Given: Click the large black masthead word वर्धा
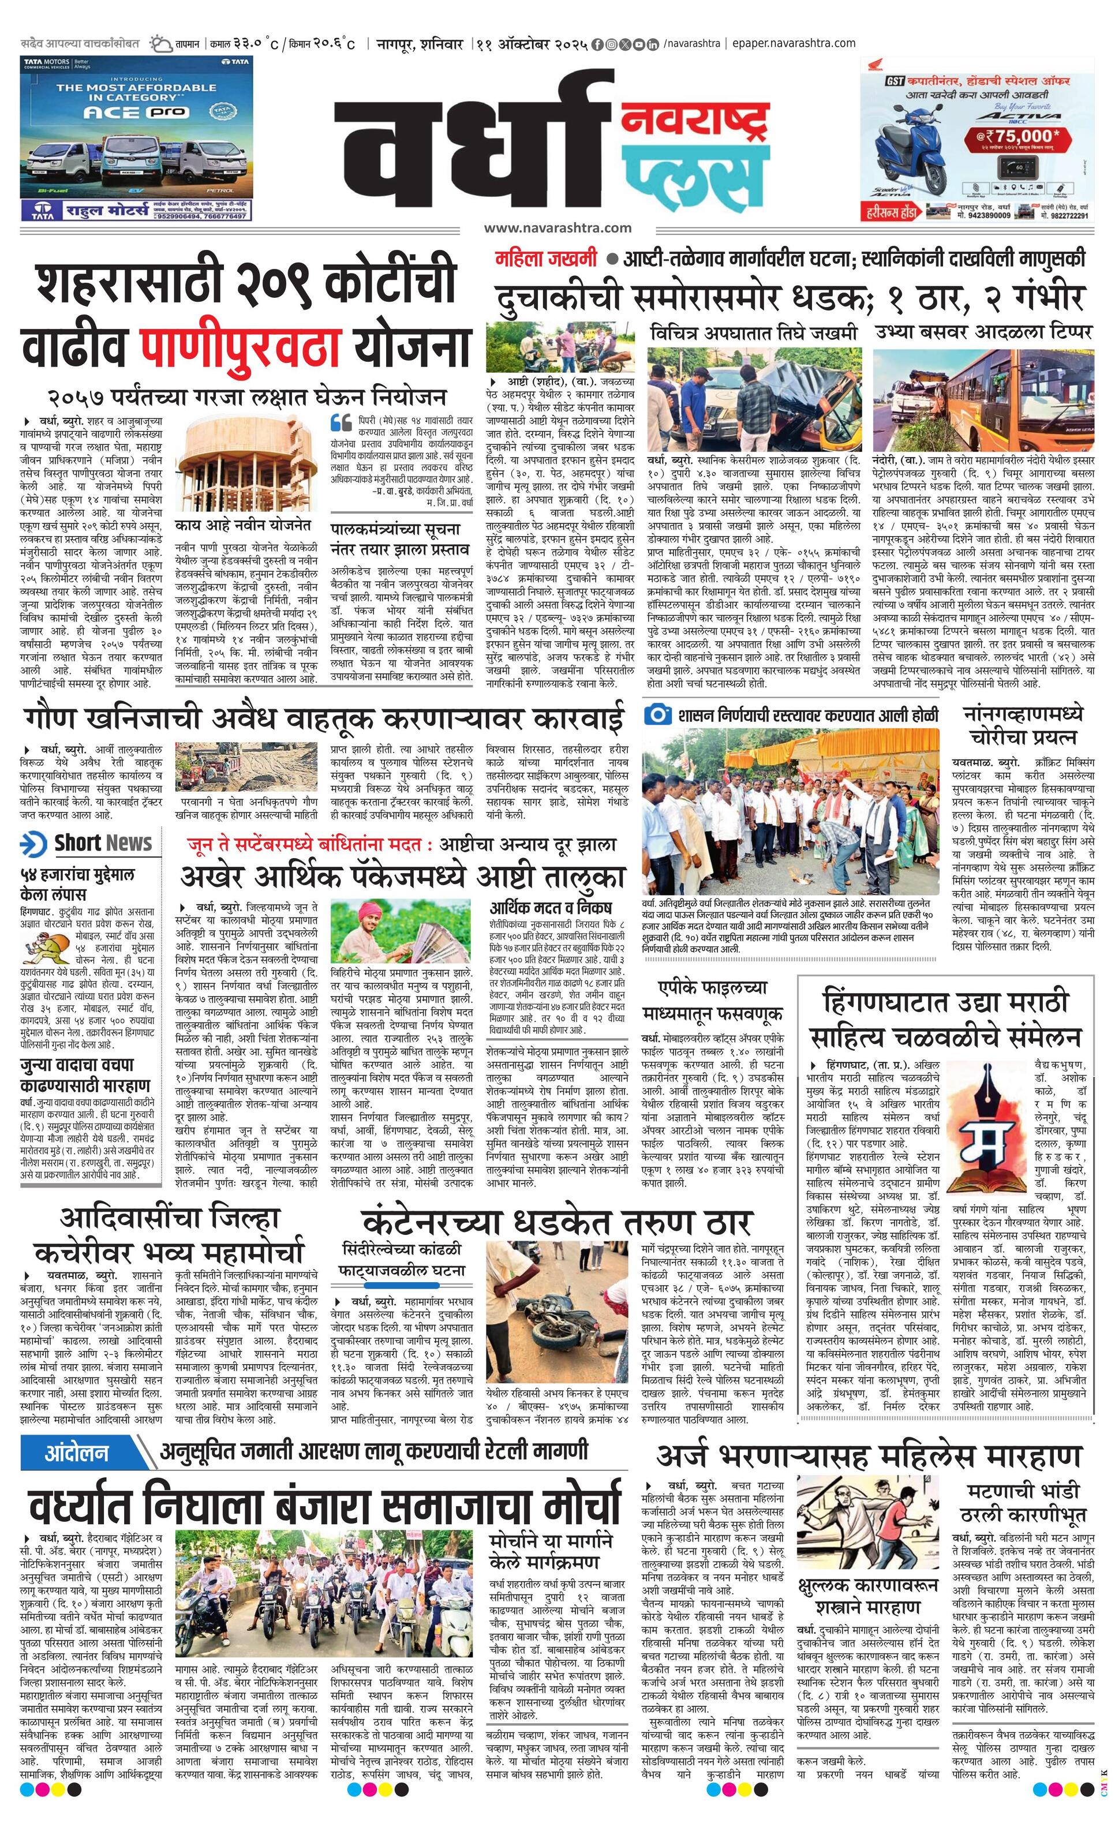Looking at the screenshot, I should point(476,152).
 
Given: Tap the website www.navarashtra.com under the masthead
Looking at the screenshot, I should point(557,227).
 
